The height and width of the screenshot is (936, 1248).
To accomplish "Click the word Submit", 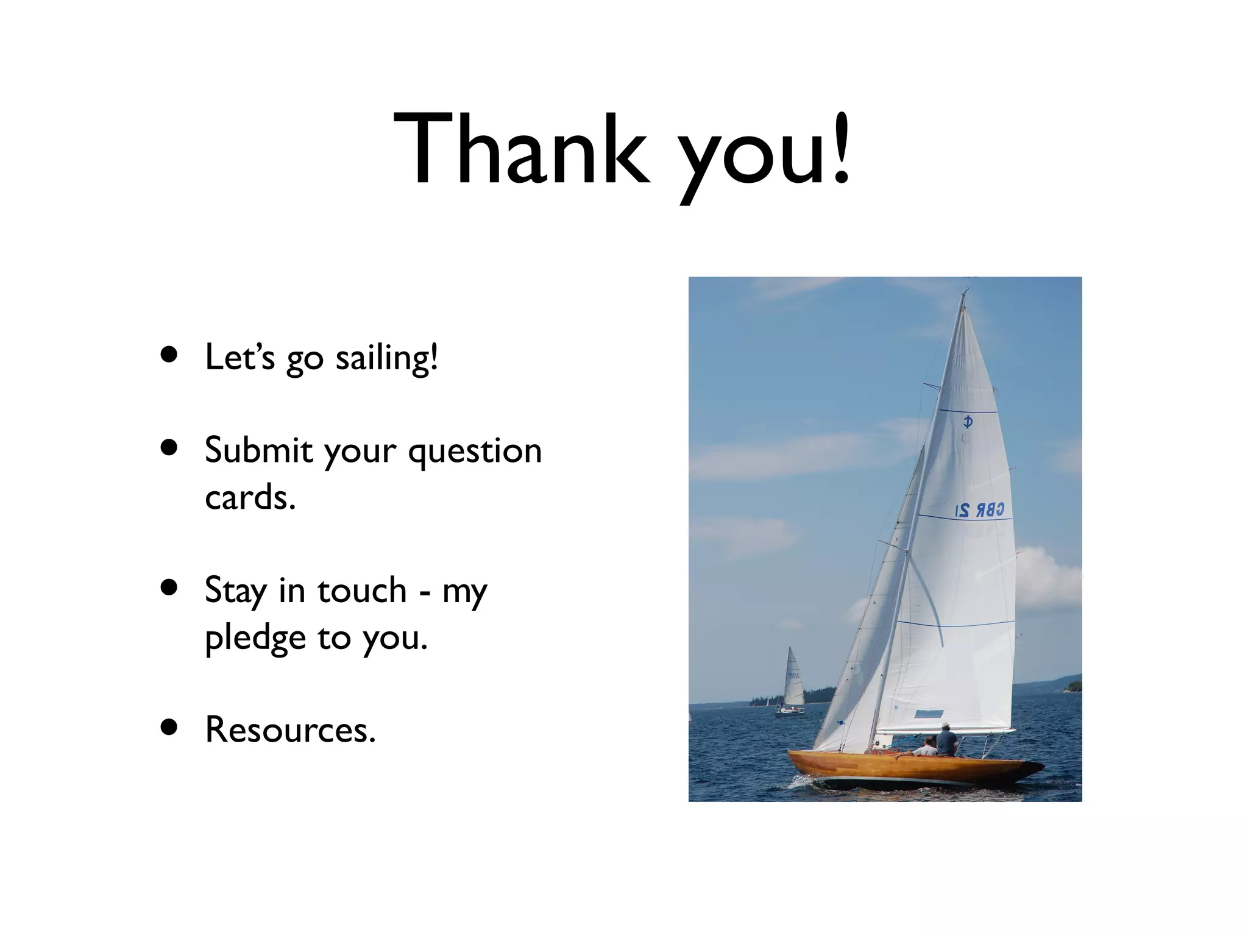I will pos(259,450).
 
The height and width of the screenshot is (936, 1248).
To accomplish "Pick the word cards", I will pos(250,498).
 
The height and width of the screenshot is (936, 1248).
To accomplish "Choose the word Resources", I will pos(289,729).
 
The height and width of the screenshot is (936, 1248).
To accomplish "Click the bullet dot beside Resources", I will pos(169,727).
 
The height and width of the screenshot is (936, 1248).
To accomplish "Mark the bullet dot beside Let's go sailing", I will pos(169,355).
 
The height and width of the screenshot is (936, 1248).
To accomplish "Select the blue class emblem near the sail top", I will pos(967,421).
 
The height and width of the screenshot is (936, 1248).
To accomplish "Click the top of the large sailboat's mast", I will pos(965,292).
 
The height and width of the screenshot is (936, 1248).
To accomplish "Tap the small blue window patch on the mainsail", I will pos(929,714).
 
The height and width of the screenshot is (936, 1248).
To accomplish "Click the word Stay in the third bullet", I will pos(235,591).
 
